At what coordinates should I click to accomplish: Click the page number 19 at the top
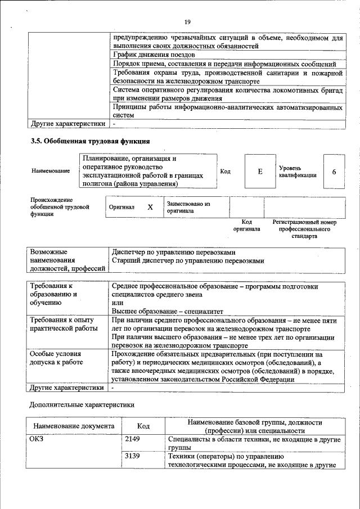187,22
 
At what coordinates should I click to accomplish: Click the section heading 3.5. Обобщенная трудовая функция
91,141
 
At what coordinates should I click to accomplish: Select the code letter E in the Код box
260,171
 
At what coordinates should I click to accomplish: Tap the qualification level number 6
334,171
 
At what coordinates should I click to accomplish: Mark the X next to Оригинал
150,207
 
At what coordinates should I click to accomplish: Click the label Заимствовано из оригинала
188,207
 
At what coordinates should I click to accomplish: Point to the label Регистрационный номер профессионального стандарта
304,229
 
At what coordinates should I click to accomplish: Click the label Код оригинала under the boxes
246,226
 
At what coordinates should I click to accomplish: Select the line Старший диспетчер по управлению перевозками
187,260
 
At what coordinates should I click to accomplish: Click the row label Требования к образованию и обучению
53,294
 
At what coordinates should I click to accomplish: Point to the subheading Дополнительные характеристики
81,404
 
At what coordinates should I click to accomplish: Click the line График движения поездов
154,55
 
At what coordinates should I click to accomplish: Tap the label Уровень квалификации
297,172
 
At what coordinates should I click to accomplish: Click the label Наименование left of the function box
51,171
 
